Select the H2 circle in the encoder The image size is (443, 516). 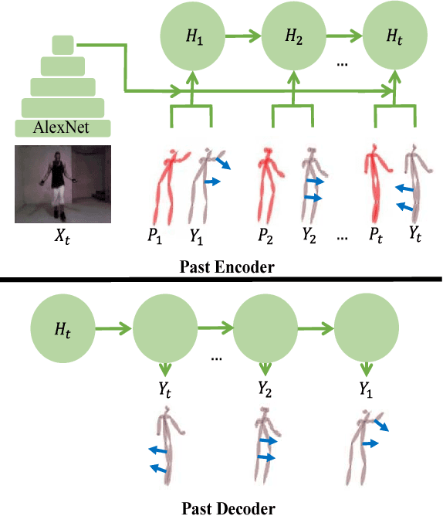click(x=293, y=35)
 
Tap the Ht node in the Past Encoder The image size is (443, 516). click(x=394, y=35)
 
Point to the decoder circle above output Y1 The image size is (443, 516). click(x=365, y=329)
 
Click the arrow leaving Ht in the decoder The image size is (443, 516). click(x=112, y=329)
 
